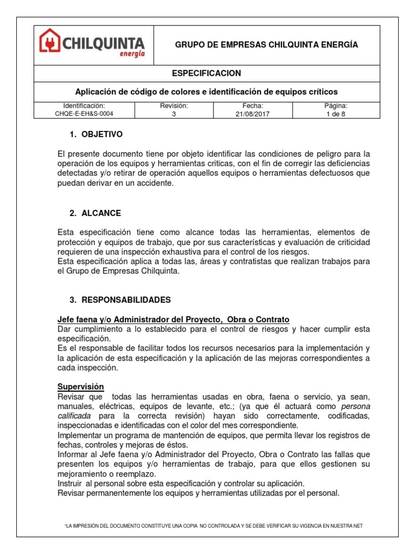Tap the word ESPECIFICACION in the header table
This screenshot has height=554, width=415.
pyautogui.click(x=214, y=73)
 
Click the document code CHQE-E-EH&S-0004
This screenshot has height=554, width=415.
pyautogui.click(x=84, y=114)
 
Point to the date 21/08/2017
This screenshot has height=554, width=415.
pyautogui.click(x=253, y=114)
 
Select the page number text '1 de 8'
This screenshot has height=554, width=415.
pyautogui.click(x=336, y=114)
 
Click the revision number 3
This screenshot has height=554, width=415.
pyautogui.click(x=173, y=114)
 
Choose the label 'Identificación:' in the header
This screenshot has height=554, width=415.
pyautogui.click(x=84, y=105)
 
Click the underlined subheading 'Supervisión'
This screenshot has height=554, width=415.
pyautogui.click(x=81, y=386)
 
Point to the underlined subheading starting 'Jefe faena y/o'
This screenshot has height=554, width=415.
pyautogui.click(x=173, y=319)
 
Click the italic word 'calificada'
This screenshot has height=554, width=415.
pyautogui.click(x=74, y=415)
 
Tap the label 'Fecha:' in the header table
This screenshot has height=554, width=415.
pyautogui.click(x=253, y=105)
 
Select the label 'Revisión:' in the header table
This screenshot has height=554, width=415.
pyautogui.click(x=173, y=105)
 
